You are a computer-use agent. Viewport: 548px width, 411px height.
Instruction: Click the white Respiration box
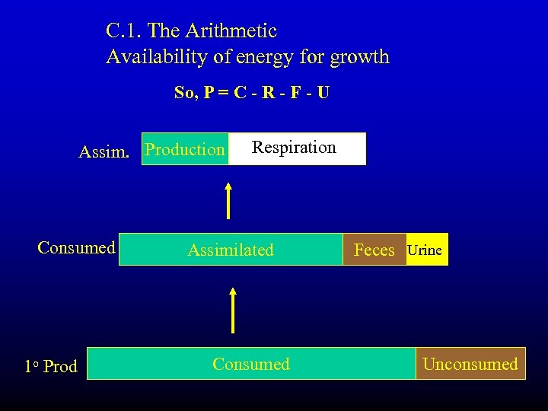297,148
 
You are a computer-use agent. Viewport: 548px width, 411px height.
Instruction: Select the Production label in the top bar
185,150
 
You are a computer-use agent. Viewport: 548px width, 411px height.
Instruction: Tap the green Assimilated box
231,250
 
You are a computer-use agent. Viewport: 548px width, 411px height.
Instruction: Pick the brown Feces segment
374,250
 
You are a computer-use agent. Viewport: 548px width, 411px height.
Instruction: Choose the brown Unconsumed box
470,364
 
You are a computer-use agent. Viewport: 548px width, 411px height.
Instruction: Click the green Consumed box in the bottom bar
251,364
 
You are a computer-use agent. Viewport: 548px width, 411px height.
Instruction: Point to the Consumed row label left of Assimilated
76,247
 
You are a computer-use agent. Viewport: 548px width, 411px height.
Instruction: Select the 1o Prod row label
50,366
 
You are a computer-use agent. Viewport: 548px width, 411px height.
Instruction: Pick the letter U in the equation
323,93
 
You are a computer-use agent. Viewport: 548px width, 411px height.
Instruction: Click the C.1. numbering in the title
123,31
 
